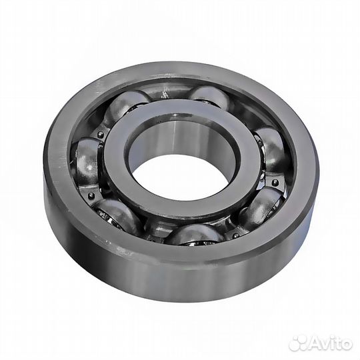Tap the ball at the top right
209,97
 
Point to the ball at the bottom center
195,233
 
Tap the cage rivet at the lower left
92,196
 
